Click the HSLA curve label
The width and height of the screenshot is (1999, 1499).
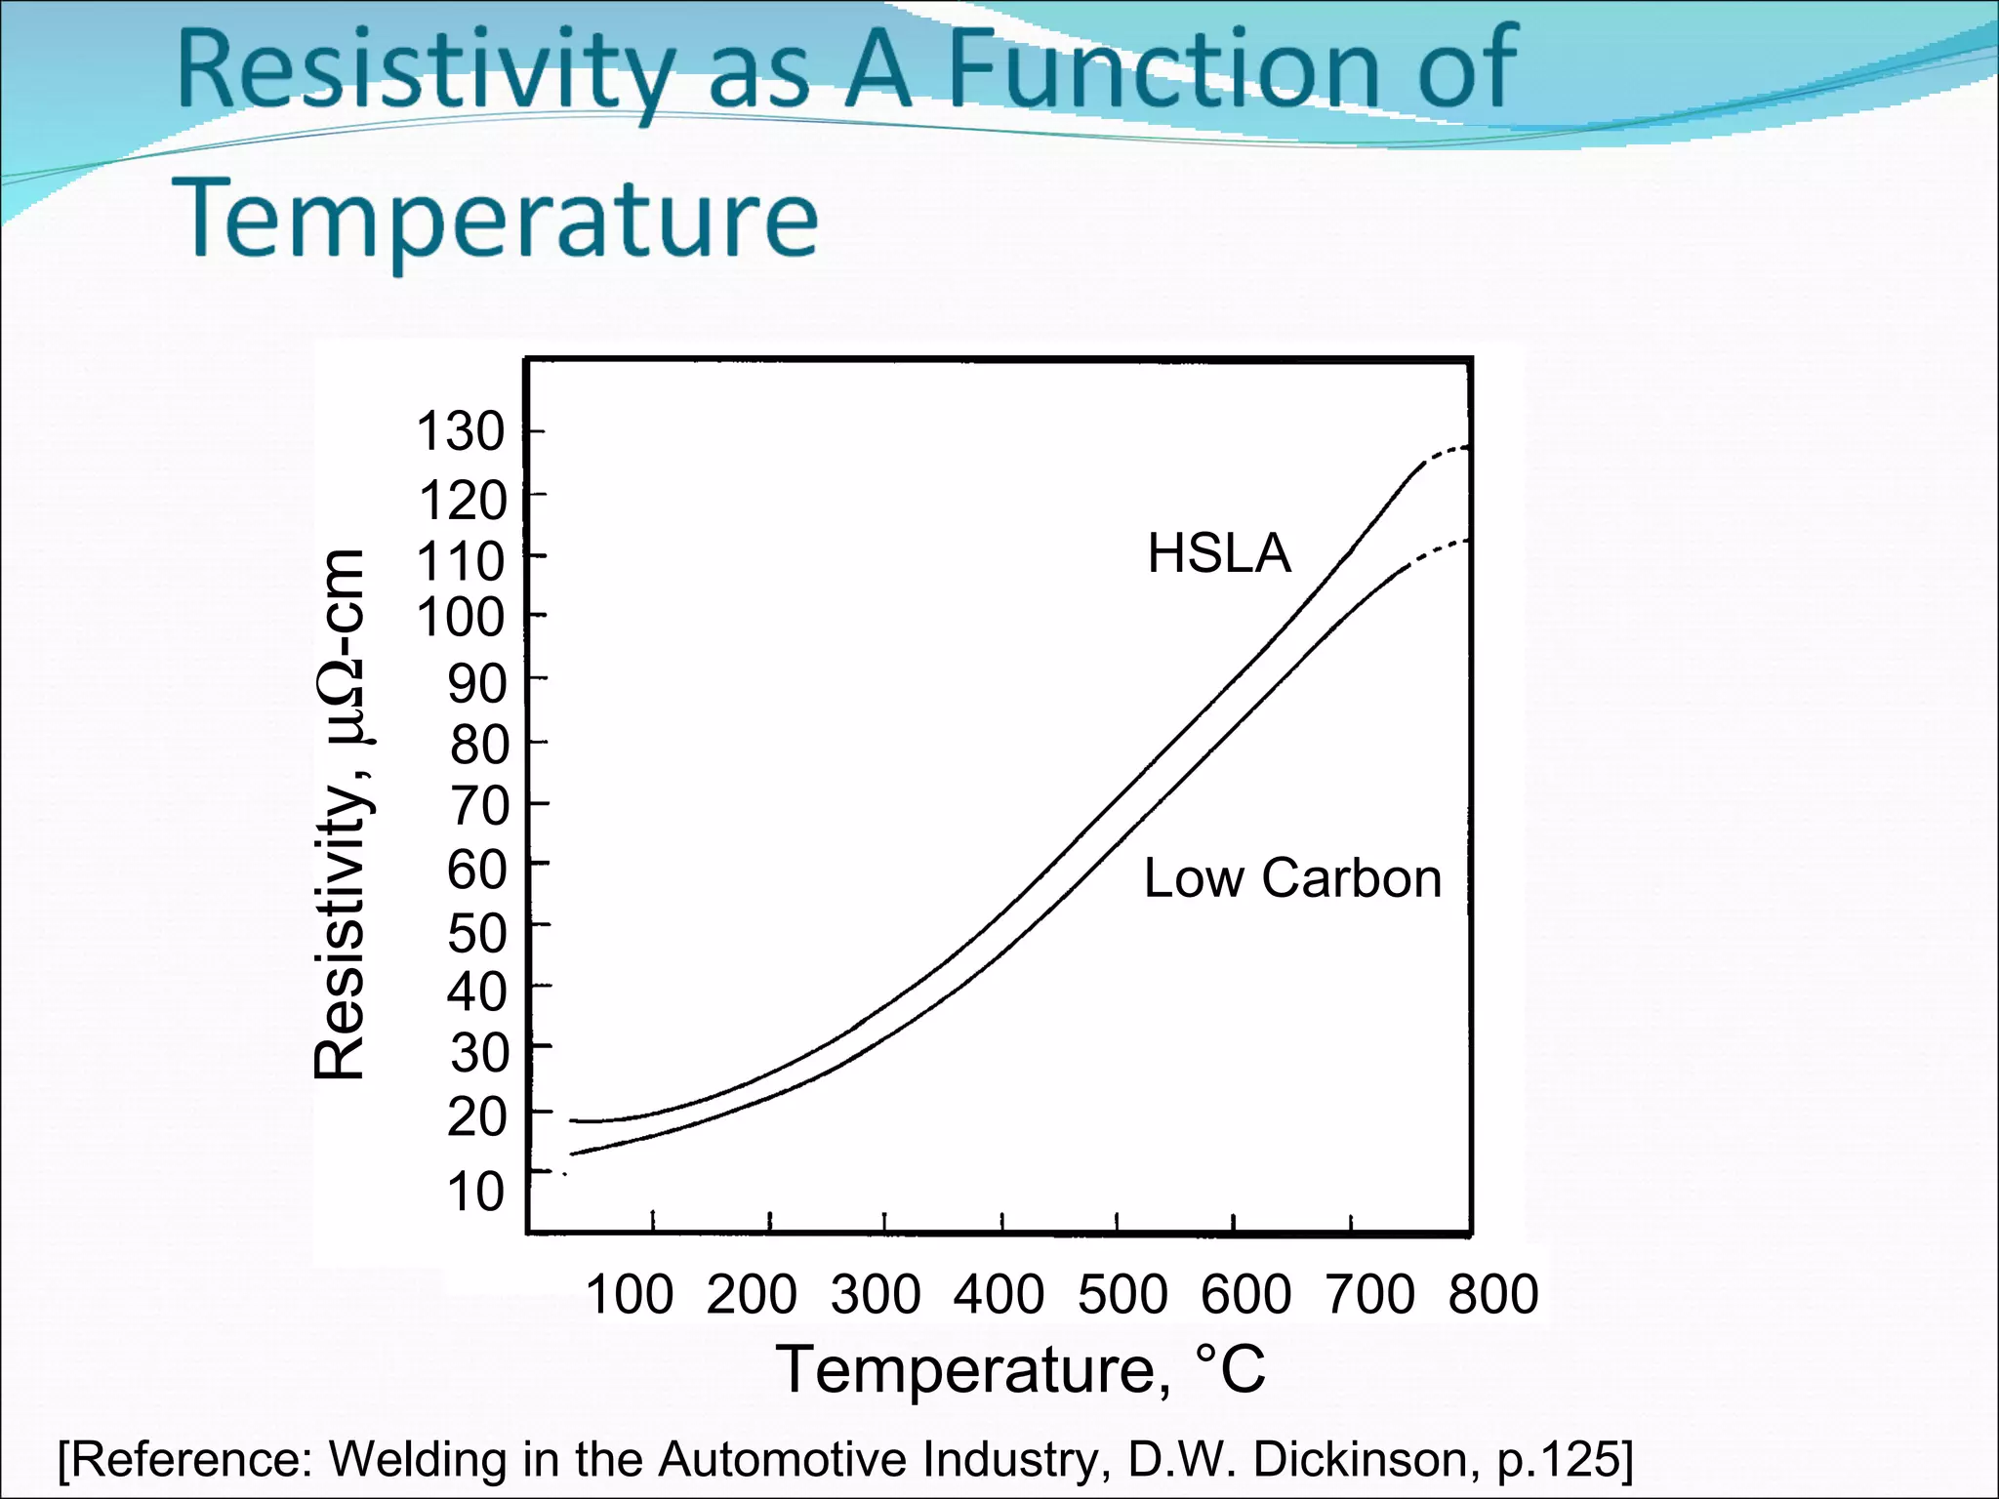coord(1219,553)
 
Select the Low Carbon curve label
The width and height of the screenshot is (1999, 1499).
coord(1292,877)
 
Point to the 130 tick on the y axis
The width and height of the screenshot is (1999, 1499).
coord(461,431)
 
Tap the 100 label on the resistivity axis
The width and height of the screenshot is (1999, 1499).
coord(461,617)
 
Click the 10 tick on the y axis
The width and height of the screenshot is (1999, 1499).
coord(476,1192)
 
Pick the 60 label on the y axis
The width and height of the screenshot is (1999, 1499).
coord(477,869)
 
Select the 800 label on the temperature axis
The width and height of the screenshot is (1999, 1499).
coord(1493,1294)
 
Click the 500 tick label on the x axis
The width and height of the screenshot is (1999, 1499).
coord(1122,1294)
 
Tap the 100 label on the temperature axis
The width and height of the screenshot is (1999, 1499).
coord(629,1294)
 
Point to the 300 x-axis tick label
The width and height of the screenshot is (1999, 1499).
coord(876,1294)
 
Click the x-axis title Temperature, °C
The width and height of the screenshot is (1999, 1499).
coord(1020,1369)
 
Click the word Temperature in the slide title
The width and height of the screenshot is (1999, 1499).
coord(495,219)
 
